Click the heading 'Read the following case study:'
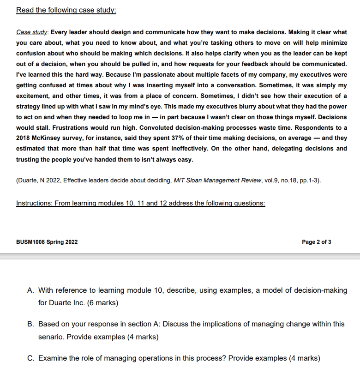(66, 10)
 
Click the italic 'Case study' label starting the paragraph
(31, 32)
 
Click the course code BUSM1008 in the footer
(31, 242)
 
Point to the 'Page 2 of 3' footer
(316, 242)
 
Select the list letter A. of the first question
(31, 290)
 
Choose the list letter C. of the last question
(31, 358)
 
